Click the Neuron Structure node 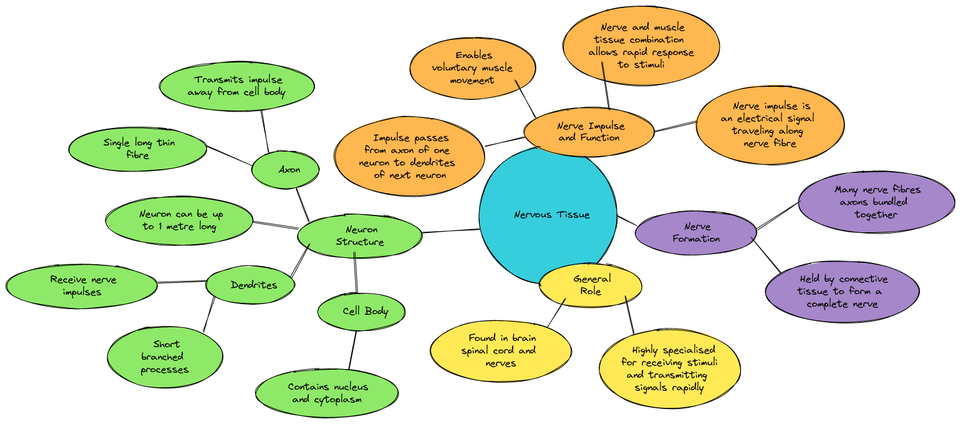[360, 236]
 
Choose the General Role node [591, 285]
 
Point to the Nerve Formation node [695, 233]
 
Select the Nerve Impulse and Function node [589, 132]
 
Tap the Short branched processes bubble [165, 357]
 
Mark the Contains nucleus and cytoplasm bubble [327, 393]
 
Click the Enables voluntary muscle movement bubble [473, 67]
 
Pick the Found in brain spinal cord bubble [500, 350]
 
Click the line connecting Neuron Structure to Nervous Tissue [451, 231]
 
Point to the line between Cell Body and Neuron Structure [356, 275]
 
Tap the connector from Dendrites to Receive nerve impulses [181, 282]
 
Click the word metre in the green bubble [180, 225]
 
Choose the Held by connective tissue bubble [842, 291]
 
